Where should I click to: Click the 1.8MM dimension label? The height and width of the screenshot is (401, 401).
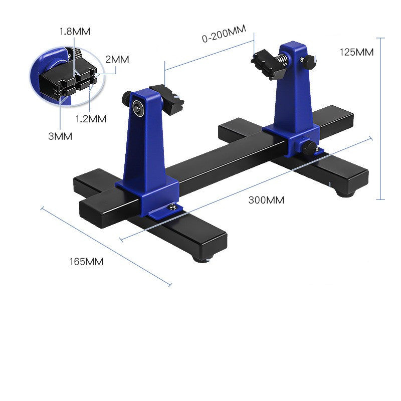75,32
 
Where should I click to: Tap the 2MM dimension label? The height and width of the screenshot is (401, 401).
117,59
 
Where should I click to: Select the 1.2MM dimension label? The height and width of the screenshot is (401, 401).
91,119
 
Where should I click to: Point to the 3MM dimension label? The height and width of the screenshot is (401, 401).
60,136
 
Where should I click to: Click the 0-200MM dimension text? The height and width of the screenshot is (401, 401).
224,34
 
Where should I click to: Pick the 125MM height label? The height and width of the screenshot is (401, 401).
356,52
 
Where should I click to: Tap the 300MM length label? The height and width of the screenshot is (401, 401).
266,200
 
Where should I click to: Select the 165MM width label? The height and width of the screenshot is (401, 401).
86,262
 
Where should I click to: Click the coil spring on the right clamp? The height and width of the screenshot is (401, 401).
282,61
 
